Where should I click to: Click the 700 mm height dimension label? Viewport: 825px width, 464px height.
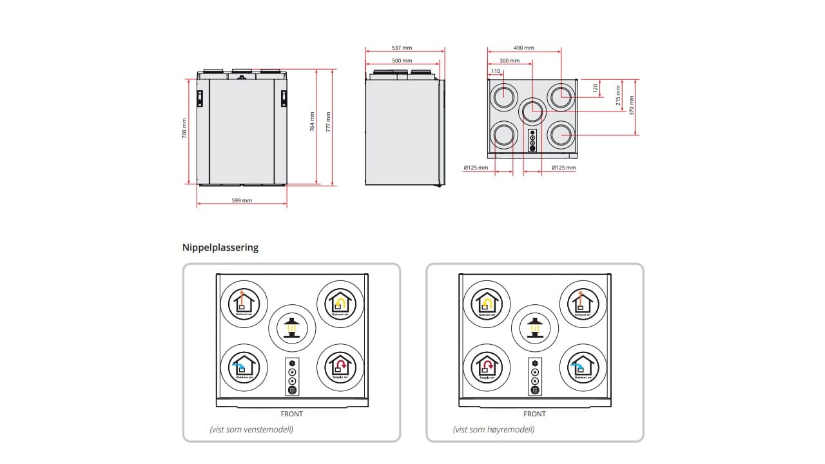184,128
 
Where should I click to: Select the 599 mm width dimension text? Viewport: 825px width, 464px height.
242,200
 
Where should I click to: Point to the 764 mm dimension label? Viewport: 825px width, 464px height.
312,121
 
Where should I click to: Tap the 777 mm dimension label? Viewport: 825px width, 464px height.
328,121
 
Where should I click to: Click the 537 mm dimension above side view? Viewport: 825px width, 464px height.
402,48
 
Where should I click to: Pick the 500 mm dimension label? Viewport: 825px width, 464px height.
402,61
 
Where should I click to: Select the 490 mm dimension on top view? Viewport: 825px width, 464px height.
524,48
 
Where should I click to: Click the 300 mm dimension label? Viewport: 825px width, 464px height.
509,61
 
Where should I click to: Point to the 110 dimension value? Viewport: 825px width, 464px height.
495,71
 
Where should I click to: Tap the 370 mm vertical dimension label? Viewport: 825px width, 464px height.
632,105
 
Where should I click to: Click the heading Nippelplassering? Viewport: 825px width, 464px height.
220,247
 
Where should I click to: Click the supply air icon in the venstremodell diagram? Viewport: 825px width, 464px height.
340,367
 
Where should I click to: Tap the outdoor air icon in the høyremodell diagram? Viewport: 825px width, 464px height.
583,367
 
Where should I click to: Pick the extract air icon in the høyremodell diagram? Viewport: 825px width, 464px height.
487,303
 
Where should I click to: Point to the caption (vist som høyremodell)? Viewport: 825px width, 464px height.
493,430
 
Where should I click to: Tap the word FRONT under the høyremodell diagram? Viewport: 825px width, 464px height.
534,414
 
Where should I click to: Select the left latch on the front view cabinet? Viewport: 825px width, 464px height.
200,97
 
